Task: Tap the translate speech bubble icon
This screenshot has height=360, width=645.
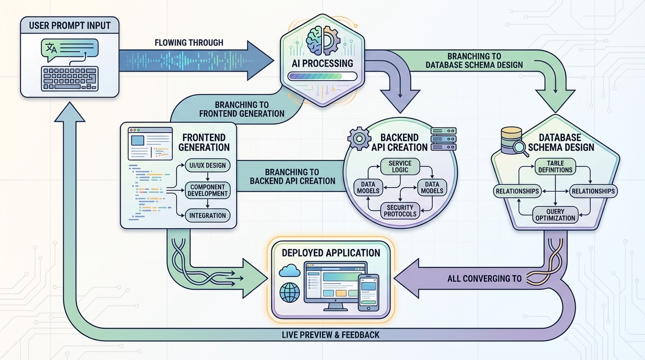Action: click(x=51, y=48)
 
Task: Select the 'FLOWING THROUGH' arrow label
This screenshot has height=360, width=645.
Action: click(x=189, y=43)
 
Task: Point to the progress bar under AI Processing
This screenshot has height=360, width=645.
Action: click(x=322, y=76)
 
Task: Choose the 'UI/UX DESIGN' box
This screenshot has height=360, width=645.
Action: click(x=207, y=165)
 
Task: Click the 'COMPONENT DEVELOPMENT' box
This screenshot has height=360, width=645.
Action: click(x=207, y=190)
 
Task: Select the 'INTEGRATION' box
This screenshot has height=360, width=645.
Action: click(x=207, y=216)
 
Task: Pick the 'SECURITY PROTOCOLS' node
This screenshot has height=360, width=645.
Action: click(x=400, y=210)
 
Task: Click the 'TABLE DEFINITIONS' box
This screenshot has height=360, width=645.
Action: click(x=555, y=166)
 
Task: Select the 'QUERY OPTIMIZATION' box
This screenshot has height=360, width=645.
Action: click(x=555, y=215)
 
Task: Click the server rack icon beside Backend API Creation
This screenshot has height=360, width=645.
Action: click(x=443, y=139)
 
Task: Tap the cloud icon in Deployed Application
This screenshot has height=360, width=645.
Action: click(x=289, y=270)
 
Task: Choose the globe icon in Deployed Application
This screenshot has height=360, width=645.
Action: click(x=289, y=292)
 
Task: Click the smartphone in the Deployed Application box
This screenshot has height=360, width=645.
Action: click(x=368, y=292)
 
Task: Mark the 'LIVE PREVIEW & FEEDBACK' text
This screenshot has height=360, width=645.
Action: click(x=330, y=335)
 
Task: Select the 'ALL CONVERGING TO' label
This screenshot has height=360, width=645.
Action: click(x=484, y=278)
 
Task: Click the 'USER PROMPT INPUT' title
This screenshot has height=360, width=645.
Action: click(x=69, y=25)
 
